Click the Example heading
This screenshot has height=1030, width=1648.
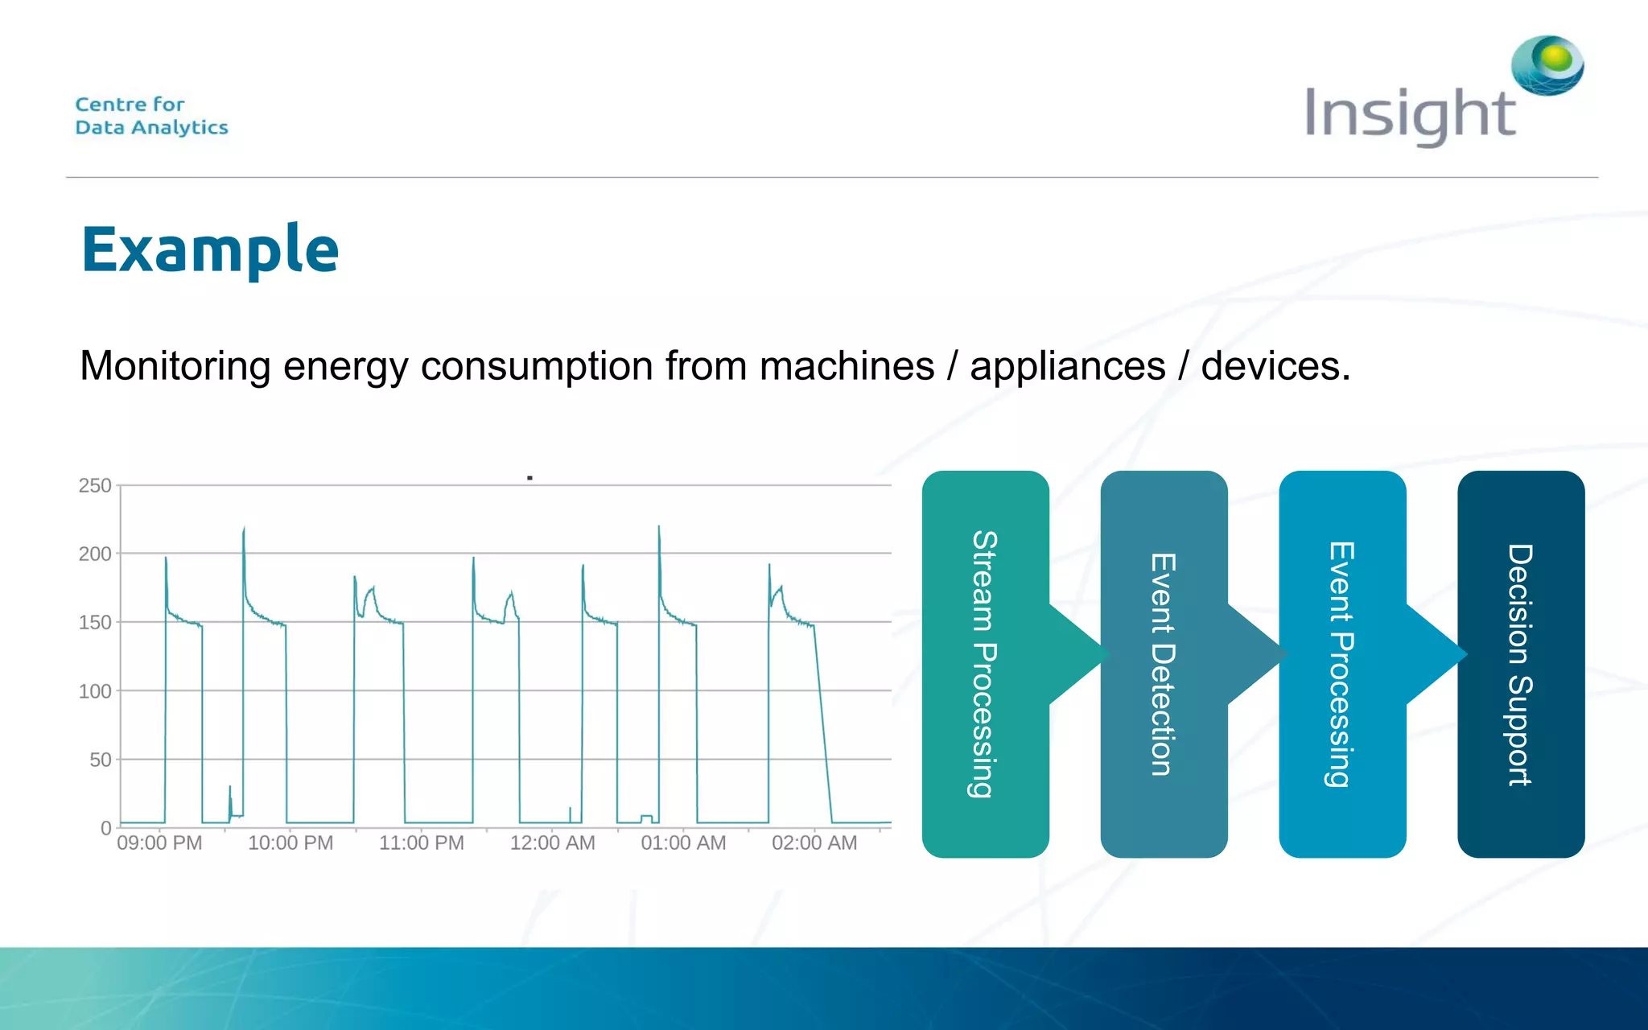point(210,250)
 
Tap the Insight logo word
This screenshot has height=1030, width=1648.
point(1410,115)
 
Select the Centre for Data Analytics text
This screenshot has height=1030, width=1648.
point(151,116)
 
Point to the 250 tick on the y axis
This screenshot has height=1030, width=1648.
point(95,485)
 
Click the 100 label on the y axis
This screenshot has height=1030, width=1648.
point(95,691)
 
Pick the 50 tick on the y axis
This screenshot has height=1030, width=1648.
point(100,760)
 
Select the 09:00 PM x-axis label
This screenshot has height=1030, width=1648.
point(159,843)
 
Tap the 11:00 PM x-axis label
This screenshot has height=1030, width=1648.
point(422,843)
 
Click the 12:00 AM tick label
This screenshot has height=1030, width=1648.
point(552,843)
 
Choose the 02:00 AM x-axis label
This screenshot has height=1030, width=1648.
point(814,843)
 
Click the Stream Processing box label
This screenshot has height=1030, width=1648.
point(984,664)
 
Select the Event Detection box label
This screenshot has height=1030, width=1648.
point(1163,664)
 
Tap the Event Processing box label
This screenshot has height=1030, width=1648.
point(1341,664)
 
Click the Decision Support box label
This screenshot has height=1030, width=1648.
point(1520,664)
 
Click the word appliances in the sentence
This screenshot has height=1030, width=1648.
point(1067,366)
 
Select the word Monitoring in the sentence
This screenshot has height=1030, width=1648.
point(175,366)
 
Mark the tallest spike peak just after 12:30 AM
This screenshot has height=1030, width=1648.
point(659,528)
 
